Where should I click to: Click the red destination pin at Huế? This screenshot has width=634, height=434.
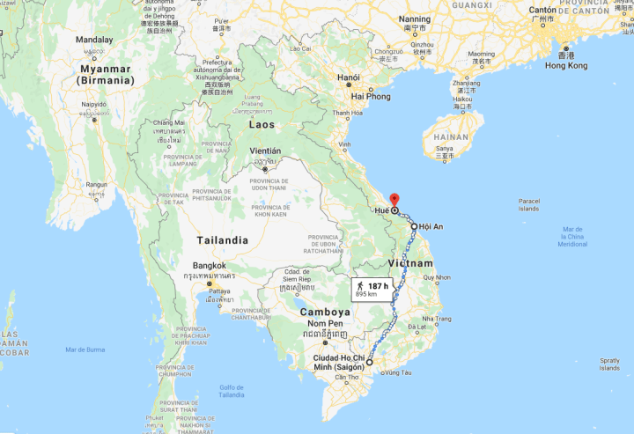(394, 200)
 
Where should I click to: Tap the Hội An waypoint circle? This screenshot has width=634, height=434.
(414, 226)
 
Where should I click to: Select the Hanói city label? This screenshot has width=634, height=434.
(349, 77)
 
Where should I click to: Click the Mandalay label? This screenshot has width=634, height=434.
(93, 40)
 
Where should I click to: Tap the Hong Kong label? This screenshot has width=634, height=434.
(566, 66)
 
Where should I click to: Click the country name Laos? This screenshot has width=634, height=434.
(261, 125)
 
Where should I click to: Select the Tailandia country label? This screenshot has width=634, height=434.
(221, 239)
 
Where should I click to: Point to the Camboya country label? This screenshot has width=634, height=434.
(325, 312)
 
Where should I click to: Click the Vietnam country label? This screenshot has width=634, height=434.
(410, 263)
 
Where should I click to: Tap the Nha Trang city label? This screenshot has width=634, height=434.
(437, 319)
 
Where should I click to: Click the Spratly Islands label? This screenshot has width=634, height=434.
(610, 364)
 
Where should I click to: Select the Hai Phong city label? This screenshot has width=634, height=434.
(370, 96)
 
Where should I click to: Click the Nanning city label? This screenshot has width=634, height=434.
(415, 18)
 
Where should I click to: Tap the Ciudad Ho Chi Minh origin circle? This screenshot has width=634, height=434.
(370, 362)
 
